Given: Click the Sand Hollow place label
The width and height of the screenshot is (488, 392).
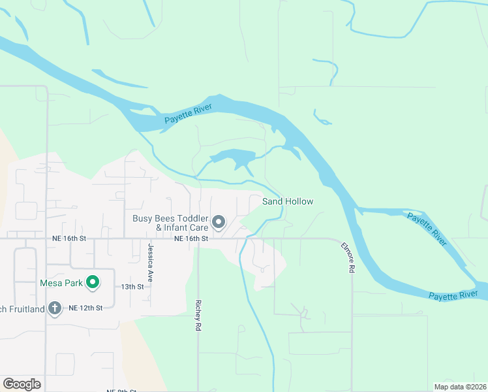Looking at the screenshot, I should click(288, 201).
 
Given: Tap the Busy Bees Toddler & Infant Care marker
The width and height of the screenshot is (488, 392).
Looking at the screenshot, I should click(219, 223).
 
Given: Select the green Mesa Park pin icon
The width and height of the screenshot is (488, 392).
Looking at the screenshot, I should click(93, 283).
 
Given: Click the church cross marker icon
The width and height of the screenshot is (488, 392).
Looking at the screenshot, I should click(55, 308).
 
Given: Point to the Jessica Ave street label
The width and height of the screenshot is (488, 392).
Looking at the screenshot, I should click(150, 262).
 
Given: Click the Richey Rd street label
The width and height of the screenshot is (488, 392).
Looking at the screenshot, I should click(197, 316).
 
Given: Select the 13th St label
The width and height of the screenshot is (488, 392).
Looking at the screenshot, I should click(132, 287).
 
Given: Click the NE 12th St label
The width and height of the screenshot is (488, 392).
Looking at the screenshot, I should click(85, 308).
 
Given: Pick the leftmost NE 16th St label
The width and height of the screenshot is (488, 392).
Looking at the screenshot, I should click(69, 239).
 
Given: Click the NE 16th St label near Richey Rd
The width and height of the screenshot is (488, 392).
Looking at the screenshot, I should click(191, 239).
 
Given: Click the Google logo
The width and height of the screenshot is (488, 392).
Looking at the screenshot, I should click(22, 384).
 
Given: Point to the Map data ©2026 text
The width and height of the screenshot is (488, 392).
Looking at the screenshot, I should click(459, 387).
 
